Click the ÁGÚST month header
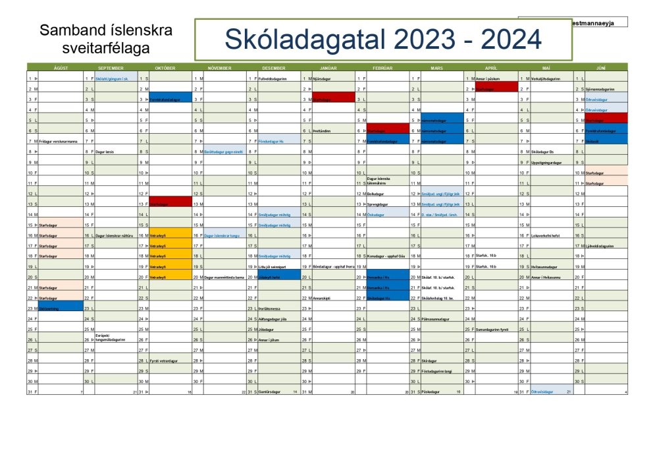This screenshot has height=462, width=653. (60, 67)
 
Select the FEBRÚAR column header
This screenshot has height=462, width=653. (382, 67)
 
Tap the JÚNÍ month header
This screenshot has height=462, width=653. (600, 67)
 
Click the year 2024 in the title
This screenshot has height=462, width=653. (507, 40)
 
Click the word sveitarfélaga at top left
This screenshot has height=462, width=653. (105, 48)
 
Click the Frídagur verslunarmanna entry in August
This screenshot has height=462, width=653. (59, 141)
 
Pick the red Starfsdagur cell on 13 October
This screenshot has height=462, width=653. (170, 204)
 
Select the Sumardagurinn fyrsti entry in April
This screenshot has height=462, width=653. (493, 330)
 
